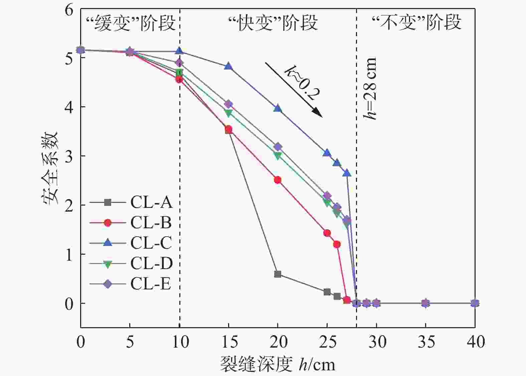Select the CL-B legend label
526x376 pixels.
coord(151,223)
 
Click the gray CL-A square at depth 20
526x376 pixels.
coord(278,274)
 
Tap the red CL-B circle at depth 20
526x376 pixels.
coord(278,180)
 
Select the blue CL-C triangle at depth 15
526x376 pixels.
coord(228,66)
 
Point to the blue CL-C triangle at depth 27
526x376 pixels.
coord(347,173)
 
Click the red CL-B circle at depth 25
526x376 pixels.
coord(327,233)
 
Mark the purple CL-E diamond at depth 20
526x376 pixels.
coord(278,147)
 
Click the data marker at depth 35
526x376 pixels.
coord(425,303)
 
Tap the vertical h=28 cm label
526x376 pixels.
coord(370,89)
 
